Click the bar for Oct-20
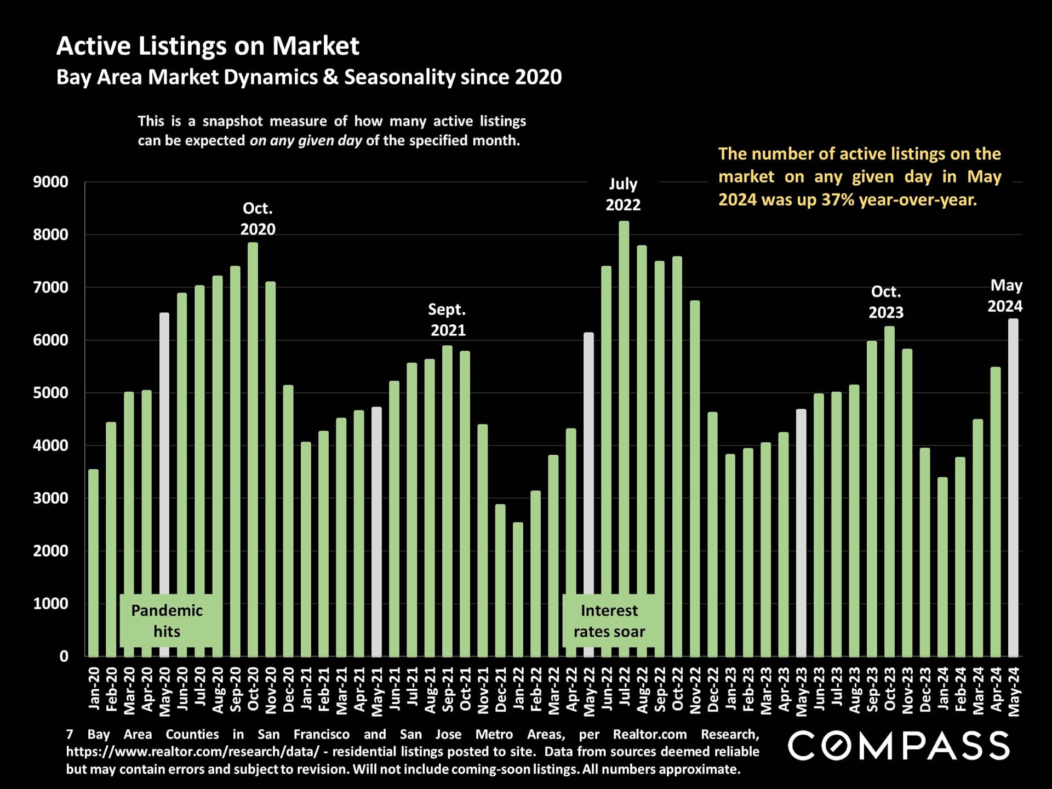[253, 449]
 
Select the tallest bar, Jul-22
[624, 438]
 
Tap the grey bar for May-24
[1013, 488]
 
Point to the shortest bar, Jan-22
[518, 589]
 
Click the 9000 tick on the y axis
[50, 182]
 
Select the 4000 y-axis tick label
[50, 445]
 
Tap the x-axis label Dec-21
[500, 690]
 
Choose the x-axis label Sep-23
[872, 690]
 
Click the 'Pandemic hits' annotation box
[167, 621]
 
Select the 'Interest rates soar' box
[609, 621]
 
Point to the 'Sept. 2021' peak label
[447, 320]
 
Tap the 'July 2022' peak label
[623, 195]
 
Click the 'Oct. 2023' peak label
[885, 302]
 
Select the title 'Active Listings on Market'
[208, 46]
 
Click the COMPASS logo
[898, 746]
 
